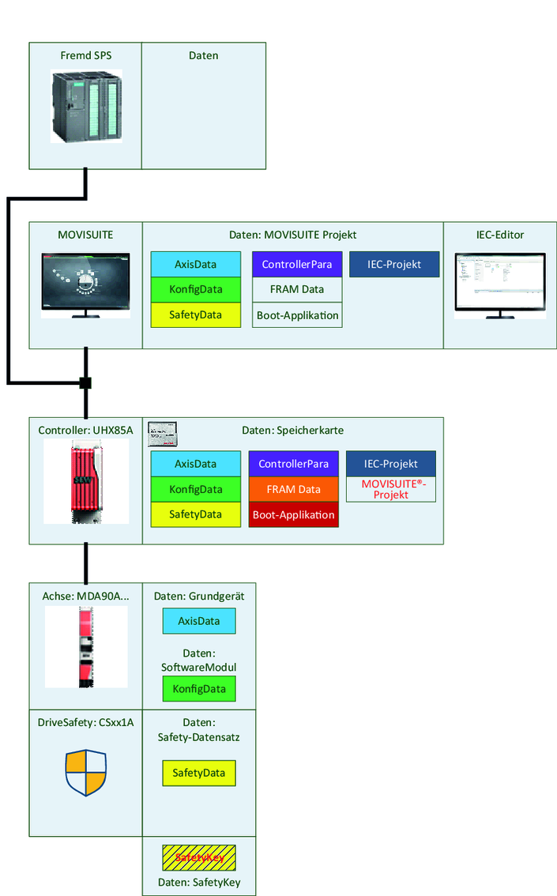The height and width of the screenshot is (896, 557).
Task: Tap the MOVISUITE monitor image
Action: (85, 285)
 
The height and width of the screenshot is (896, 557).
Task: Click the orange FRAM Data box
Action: (293, 489)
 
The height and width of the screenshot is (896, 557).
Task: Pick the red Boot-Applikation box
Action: (293, 515)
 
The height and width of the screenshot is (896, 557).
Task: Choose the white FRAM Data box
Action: (297, 289)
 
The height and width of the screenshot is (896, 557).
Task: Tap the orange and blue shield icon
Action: (85, 773)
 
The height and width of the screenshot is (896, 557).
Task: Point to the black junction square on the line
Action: (85, 383)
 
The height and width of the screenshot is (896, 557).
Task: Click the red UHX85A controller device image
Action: (85, 482)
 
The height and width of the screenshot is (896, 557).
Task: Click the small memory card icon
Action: (163, 431)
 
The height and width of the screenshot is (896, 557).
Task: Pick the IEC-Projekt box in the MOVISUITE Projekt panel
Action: (393, 264)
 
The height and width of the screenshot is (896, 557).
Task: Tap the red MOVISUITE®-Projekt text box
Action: (391, 489)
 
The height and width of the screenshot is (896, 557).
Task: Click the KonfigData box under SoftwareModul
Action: (199, 689)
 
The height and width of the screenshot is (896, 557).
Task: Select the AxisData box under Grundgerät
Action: (199, 621)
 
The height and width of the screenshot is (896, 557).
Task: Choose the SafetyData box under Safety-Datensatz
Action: (199, 773)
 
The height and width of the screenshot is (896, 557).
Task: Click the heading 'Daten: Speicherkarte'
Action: (292, 430)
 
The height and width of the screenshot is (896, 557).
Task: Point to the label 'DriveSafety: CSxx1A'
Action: (85, 722)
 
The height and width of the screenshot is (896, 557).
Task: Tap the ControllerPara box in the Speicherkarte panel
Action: (293, 464)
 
